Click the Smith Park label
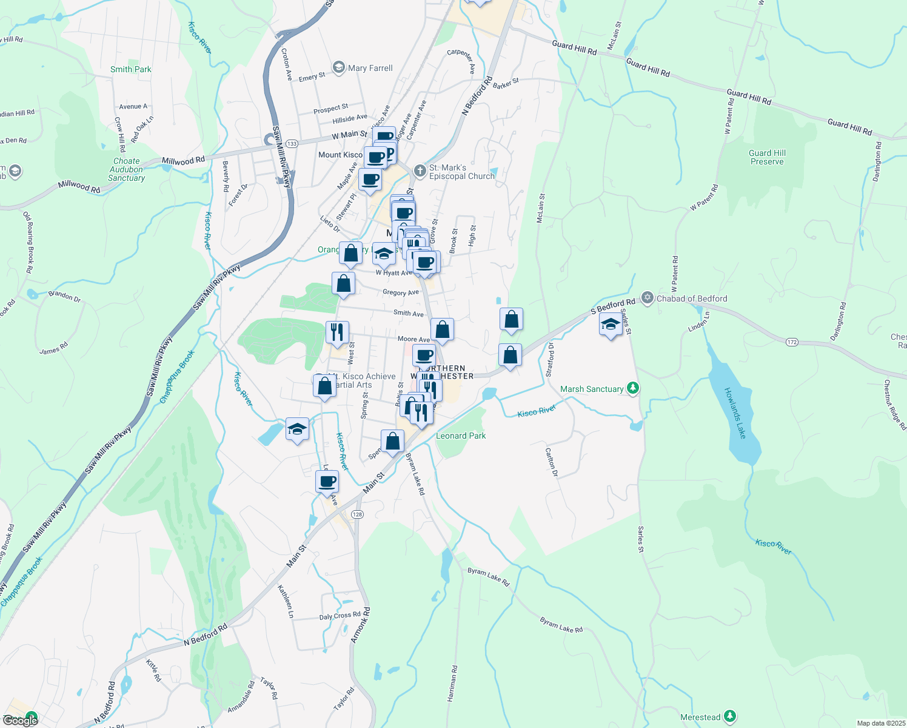pos(130,69)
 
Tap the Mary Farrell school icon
pos(339,67)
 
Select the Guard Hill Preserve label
pos(767,157)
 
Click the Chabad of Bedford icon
pos(648,298)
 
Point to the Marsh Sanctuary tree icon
pos(633,388)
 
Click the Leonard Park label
pos(461,436)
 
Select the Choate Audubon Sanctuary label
pos(126,170)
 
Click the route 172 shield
pos(792,342)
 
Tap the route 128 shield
pos(357,514)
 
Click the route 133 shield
pos(292,144)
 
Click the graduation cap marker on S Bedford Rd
pos(611,325)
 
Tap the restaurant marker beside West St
pos(337,332)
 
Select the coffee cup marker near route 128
pos(327,482)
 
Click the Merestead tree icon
pos(731,716)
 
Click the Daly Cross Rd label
pos(340,616)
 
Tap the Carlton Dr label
pos(551,462)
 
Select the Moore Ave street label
pos(413,339)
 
